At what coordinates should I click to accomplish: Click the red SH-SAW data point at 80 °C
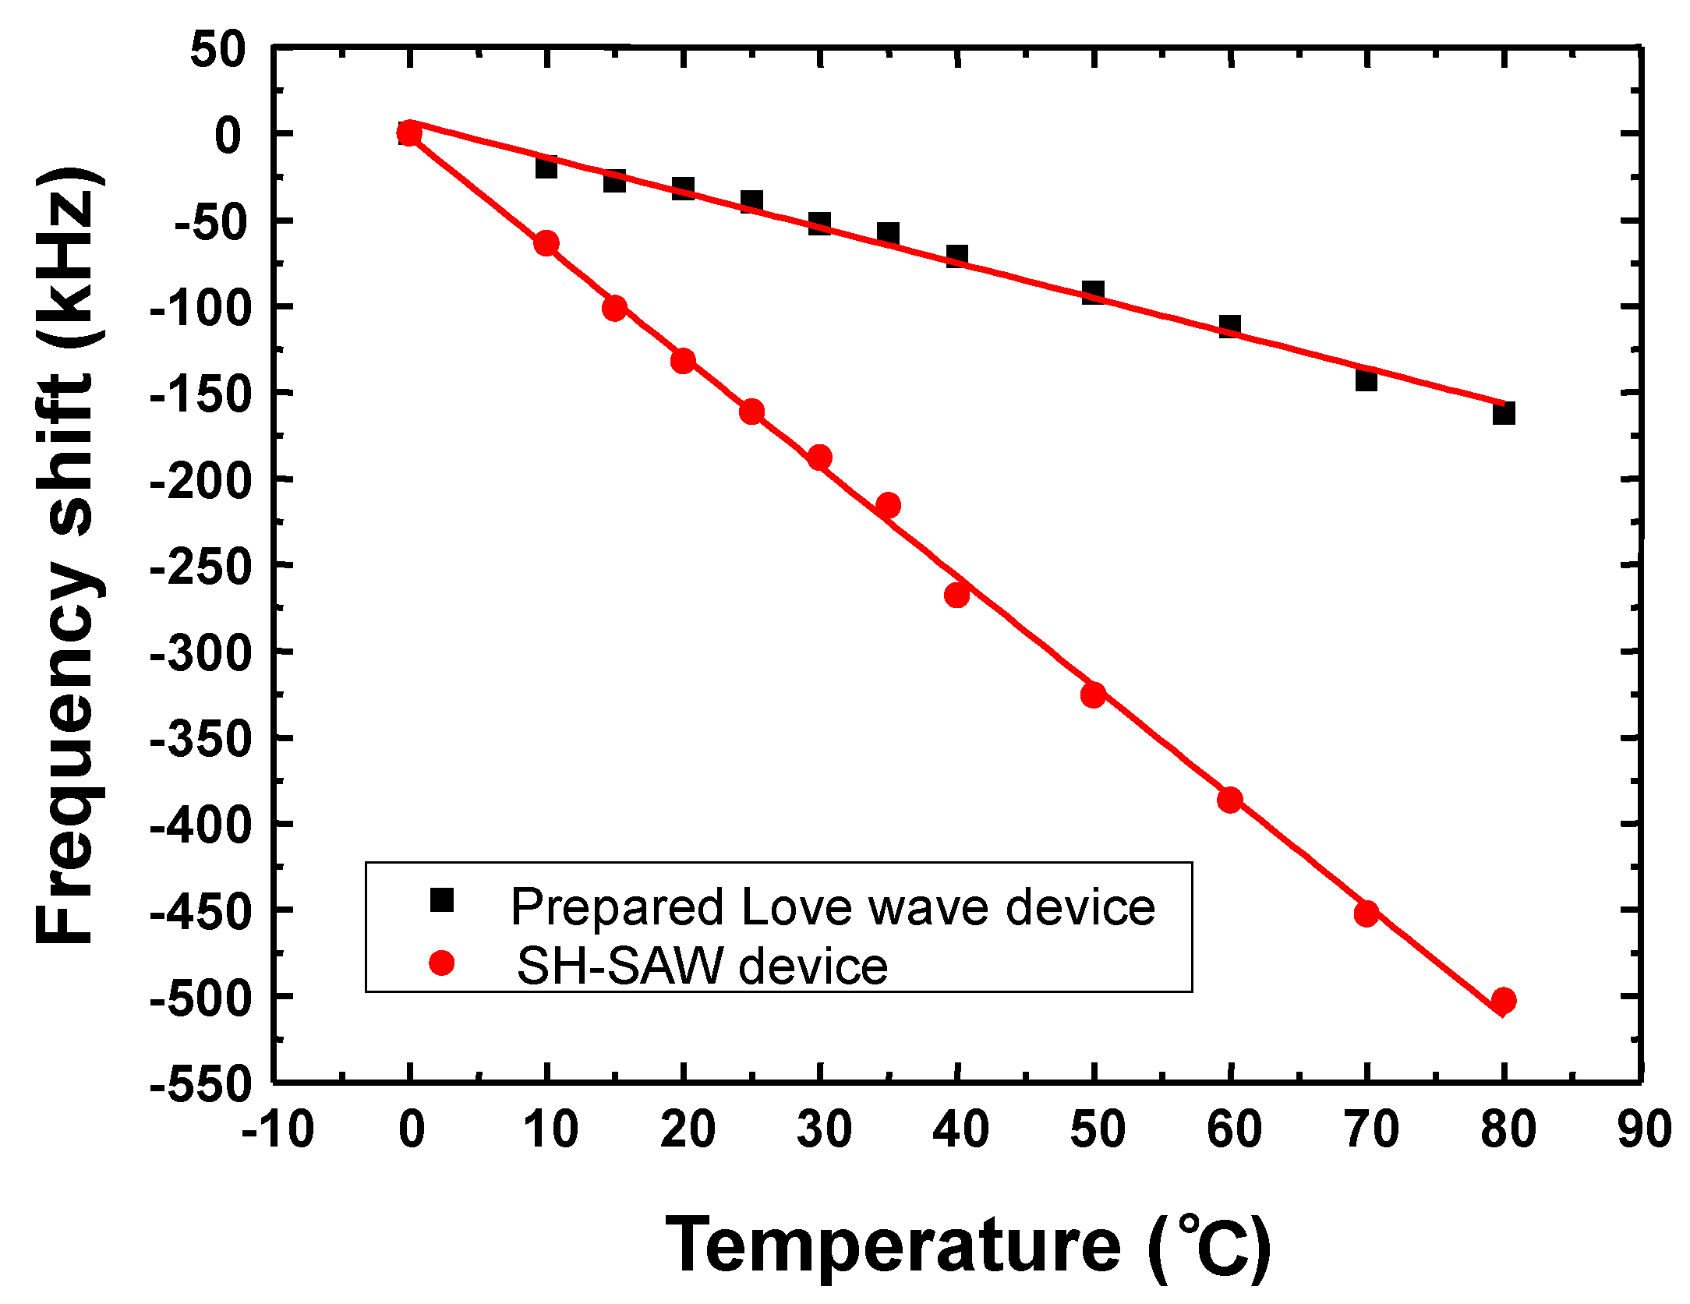click(x=1504, y=1000)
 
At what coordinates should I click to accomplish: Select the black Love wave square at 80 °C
click(x=1504, y=413)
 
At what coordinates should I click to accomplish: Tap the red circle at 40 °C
click(x=956, y=595)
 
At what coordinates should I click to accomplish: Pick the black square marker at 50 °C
click(x=1093, y=293)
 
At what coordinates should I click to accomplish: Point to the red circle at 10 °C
click(x=546, y=243)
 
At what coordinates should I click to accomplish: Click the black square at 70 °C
click(x=1366, y=380)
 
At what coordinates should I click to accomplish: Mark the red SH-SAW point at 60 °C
click(x=1229, y=800)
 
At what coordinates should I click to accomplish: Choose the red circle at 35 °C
click(x=888, y=505)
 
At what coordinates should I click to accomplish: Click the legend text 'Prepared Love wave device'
click(x=833, y=907)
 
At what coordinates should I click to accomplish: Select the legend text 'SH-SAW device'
click(x=702, y=967)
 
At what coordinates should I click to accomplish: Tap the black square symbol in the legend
click(x=442, y=900)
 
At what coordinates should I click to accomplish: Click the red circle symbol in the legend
click(x=442, y=963)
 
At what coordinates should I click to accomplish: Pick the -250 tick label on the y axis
click(x=201, y=565)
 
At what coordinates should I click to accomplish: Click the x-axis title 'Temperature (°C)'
click(x=967, y=1246)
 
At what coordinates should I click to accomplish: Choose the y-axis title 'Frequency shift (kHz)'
click(x=69, y=555)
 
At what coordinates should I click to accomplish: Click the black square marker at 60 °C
click(x=1229, y=327)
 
